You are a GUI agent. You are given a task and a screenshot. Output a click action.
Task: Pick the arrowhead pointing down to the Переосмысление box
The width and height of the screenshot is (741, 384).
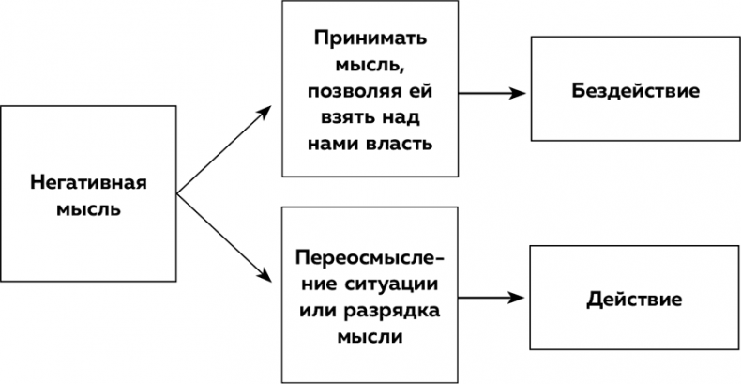click(x=264, y=279)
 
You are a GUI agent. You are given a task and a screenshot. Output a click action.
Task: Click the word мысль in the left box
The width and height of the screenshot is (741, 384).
click(x=89, y=208)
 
